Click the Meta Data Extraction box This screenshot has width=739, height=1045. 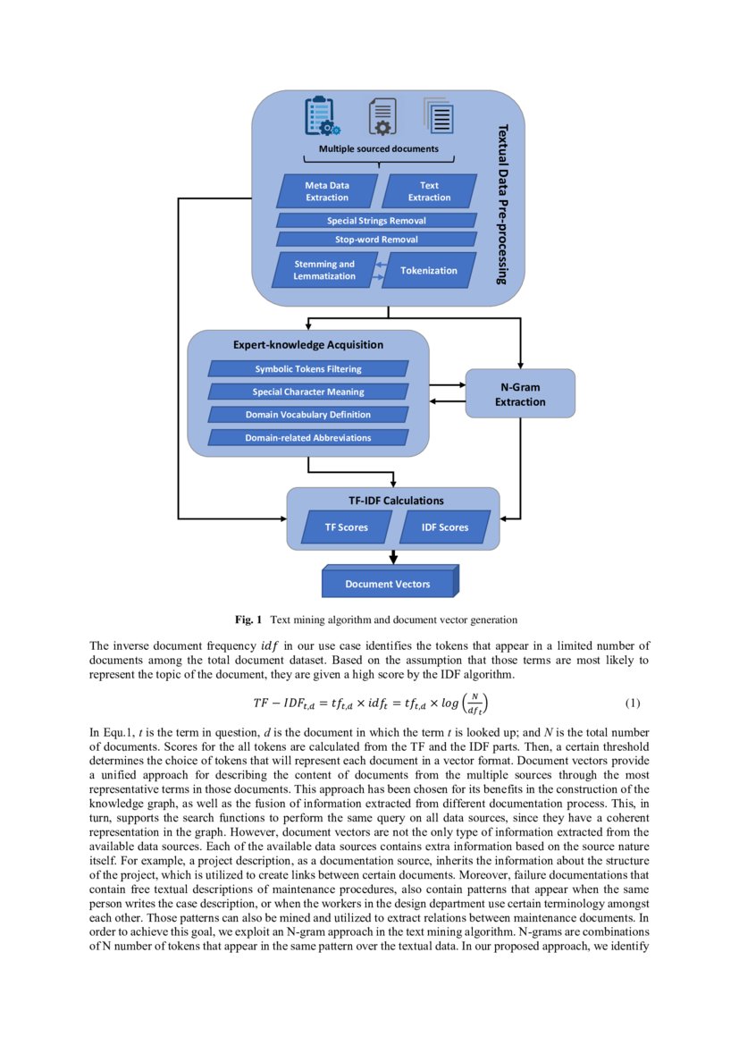(x=327, y=191)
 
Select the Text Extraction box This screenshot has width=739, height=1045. (x=429, y=191)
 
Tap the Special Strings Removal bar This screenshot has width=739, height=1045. (x=375, y=220)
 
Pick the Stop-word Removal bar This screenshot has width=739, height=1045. (x=375, y=240)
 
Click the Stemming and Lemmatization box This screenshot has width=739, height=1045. (x=324, y=270)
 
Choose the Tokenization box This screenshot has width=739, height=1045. (x=428, y=270)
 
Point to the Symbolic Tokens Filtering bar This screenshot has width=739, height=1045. (x=308, y=368)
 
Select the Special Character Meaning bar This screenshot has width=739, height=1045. (x=308, y=392)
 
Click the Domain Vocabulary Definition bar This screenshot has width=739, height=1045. (x=308, y=415)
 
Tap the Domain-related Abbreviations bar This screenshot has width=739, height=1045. (x=308, y=438)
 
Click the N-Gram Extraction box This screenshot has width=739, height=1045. (x=520, y=394)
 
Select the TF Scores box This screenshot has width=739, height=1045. (x=346, y=527)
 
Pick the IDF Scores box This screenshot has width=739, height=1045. (x=445, y=527)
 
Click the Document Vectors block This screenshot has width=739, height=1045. (x=389, y=584)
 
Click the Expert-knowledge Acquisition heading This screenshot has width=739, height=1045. (x=308, y=344)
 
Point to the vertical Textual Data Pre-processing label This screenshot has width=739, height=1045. (x=502, y=204)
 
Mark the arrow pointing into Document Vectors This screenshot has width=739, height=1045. (x=392, y=558)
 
